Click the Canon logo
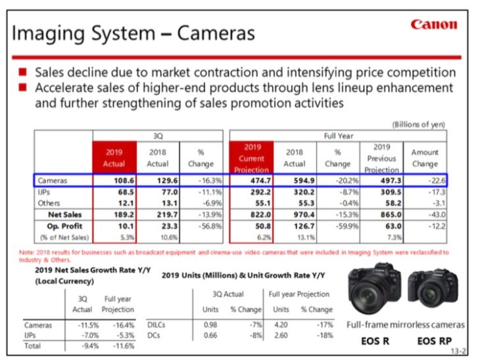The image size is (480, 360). (433, 24)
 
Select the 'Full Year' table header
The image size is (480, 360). (338, 135)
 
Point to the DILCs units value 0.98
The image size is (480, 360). (211, 325)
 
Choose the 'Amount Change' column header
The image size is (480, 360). (425, 158)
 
